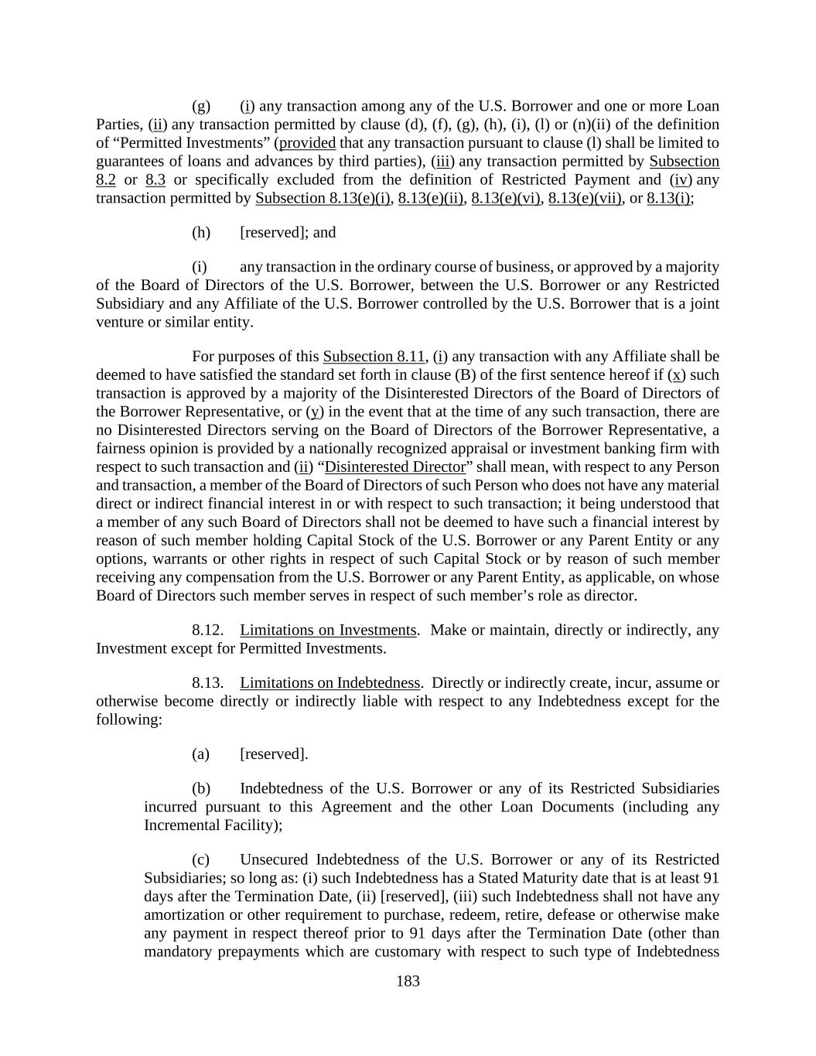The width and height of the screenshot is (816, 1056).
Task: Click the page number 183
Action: click(x=408, y=981)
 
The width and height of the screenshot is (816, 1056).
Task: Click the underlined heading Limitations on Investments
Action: click(x=328, y=630)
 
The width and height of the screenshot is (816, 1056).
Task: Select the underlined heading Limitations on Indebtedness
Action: click(x=329, y=682)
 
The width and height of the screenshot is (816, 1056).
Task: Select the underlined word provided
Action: click(x=307, y=143)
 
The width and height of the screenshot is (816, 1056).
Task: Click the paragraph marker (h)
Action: click(x=201, y=232)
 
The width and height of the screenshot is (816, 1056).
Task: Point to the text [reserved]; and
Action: click(x=288, y=232)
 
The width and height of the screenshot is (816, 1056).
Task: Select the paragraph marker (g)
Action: click(x=201, y=106)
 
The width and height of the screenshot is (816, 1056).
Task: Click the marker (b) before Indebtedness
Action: click(x=201, y=788)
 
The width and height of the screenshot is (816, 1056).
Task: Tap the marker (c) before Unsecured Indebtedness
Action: click(x=201, y=859)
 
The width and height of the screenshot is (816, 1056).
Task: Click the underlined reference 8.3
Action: click(x=155, y=179)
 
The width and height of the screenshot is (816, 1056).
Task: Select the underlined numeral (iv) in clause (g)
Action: click(x=679, y=179)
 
